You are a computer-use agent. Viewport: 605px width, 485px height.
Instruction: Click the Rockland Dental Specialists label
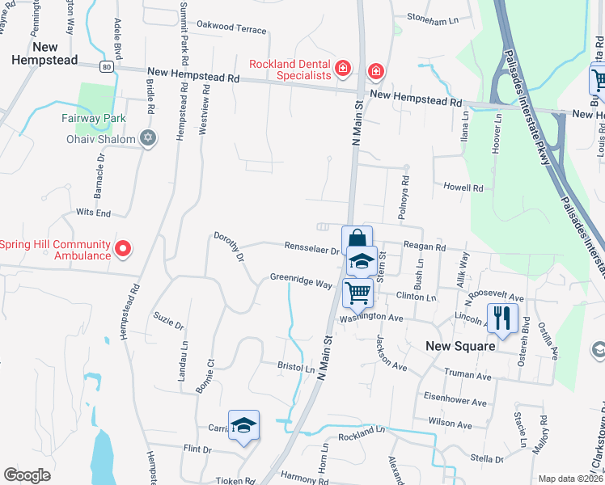click(290, 70)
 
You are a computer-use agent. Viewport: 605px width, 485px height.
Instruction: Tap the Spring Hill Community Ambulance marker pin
click(122, 249)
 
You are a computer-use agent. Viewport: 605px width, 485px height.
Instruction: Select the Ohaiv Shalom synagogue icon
click(146, 138)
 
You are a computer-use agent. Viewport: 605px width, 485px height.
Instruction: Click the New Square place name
click(460, 345)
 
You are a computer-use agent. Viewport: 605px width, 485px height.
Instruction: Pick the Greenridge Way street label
click(301, 282)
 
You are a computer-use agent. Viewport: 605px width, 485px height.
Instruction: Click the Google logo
click(27, 475)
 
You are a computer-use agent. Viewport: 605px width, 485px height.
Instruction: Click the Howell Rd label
click(463, 188)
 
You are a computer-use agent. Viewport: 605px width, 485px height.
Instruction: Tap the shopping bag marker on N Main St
click(357, 240)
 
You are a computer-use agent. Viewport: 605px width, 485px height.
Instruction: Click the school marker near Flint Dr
click(243, 425)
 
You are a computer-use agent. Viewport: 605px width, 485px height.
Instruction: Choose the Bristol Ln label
click(295, 367)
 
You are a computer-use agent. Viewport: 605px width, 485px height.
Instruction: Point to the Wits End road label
click(93, 213)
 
